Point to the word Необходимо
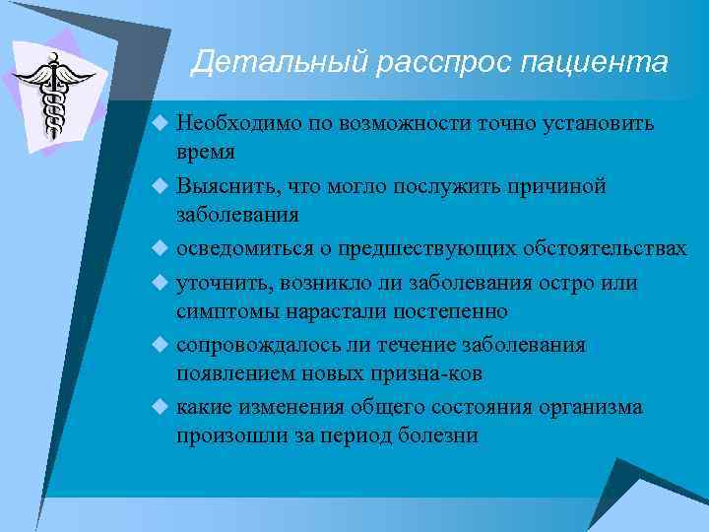point(232,124)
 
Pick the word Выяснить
point(223,186)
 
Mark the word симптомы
point(222,311)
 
